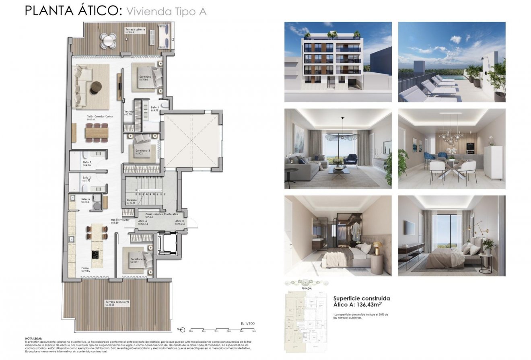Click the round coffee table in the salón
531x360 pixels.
tap(96, 87)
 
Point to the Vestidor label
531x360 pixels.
tap(129, 112)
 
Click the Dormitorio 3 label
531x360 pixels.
tap(143, 150)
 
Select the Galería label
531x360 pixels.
tap(85, 199)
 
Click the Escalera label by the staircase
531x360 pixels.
tap(131, 200)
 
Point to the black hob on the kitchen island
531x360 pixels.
tap(96, 254)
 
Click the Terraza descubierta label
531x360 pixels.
tap(117, 302)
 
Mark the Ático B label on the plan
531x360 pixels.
tap(180, 221)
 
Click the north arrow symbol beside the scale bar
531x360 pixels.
tap(183, 330)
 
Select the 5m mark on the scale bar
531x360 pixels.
tap(254, 331)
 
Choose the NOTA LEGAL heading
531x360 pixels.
tap(33, 339)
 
